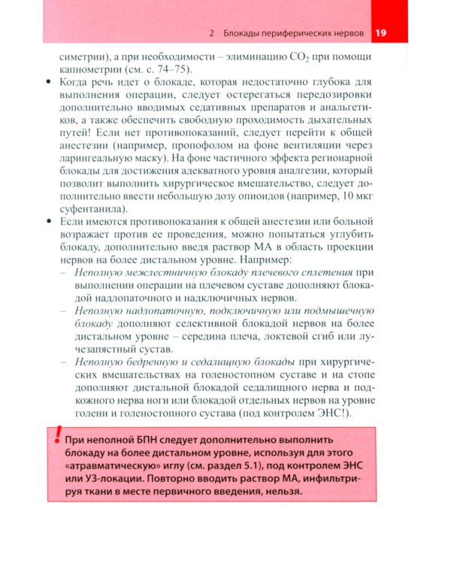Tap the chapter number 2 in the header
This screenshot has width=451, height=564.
point(213,34)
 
